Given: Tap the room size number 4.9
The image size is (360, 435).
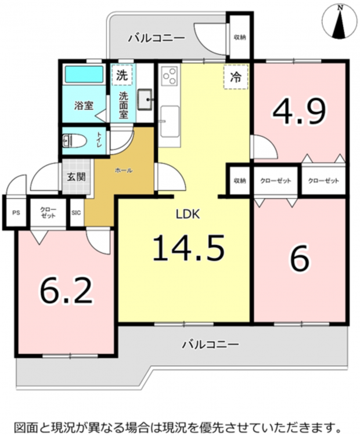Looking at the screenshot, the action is (x=299, y=111).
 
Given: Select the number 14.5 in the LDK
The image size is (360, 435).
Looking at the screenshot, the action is (x=188, y=248).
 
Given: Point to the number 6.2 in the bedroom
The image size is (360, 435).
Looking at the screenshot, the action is (x=66, y=290).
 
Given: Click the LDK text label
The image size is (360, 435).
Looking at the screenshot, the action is (x=188, y=214).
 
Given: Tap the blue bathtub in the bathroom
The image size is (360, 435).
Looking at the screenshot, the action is (x=84, y=74).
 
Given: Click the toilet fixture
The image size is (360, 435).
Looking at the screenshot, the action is (x=74, y=141).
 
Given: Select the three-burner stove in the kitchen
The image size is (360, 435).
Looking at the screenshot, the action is (x=170, y=75).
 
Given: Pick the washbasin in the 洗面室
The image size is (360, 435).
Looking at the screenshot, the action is (x=145, y=100).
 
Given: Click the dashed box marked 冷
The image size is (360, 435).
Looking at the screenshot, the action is (x=236, y=77).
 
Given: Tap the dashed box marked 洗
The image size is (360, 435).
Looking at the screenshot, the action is (x=122, y=75).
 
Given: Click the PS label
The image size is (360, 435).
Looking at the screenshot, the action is (x=16, y=213).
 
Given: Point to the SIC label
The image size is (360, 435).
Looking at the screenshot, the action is (x=76, y=213).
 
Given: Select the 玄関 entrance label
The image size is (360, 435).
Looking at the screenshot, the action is (x=76, y=177).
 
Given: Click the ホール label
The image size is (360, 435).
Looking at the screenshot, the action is (x=124, y=171).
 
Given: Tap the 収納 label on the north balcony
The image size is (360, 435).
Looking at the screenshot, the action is (x=240, y=37).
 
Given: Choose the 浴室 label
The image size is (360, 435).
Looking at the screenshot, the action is (x=84, y=106).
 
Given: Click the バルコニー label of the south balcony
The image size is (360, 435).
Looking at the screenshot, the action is (x=210, y=345).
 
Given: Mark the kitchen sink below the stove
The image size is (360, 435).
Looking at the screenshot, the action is (x=170, y=121).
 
